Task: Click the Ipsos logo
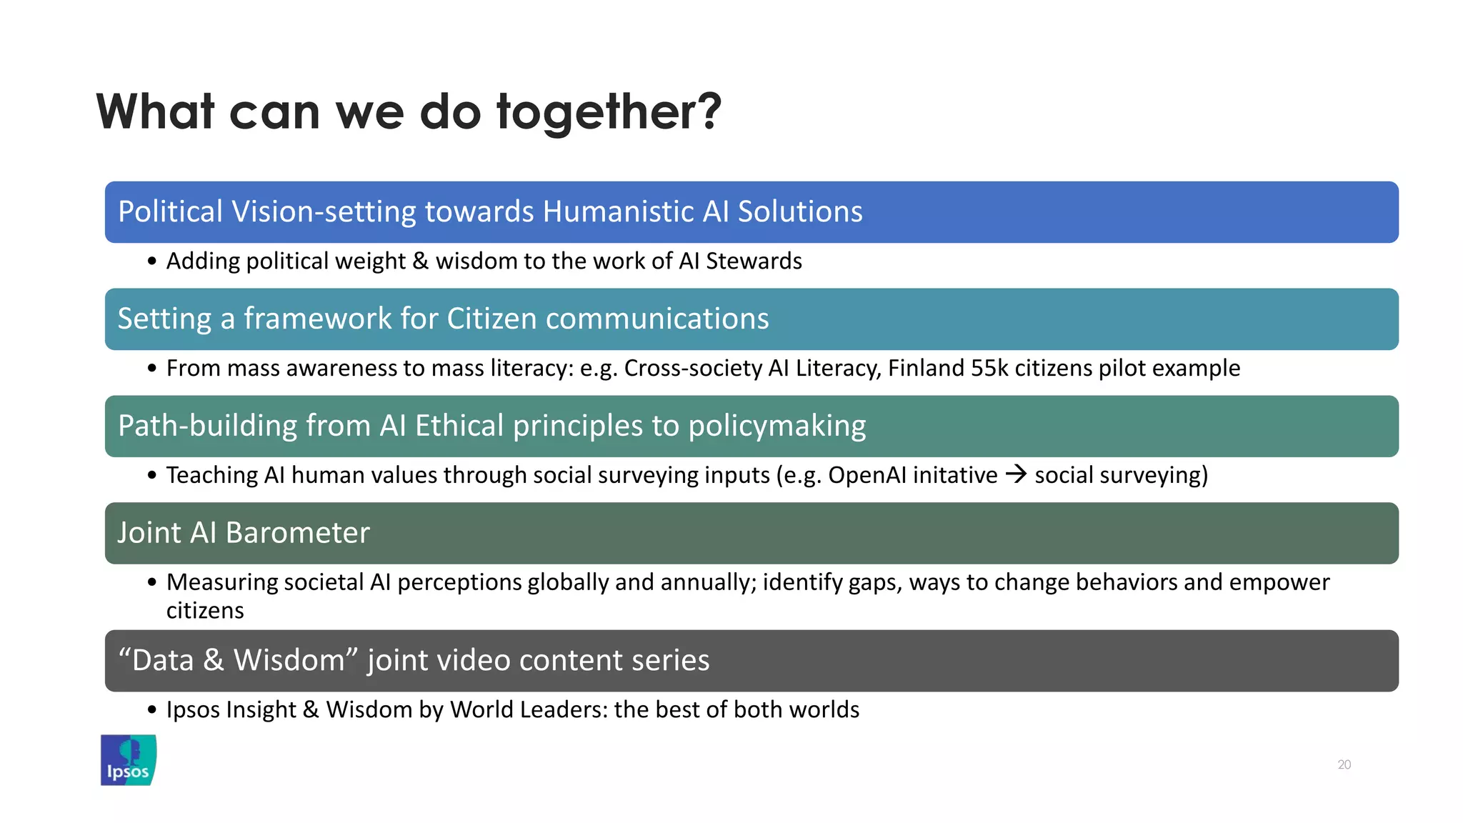(129, 760)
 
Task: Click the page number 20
(1344, 764)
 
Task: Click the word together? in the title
(609, 113)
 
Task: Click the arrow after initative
(1016, 474)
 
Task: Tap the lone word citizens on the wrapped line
(205, 611)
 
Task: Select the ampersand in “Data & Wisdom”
(213, 660)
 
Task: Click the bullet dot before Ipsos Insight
(151, 710)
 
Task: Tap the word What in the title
(156, 113)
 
